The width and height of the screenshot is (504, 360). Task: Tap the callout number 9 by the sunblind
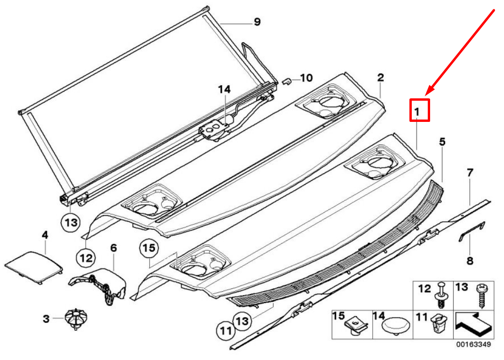coord(257,22)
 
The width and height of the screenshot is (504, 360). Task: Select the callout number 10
coord(306,78)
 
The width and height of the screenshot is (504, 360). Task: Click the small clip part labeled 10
coord(287,81)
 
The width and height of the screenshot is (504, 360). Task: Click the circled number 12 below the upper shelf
coord(86,258)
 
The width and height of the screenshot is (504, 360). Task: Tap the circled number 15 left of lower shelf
coord(149,248)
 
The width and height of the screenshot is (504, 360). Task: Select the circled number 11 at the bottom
coord(226,331)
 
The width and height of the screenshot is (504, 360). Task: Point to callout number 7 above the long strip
coord(470,173)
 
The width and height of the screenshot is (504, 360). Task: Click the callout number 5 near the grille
coord(442,141)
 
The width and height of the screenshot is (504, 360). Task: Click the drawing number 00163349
coord(473,344)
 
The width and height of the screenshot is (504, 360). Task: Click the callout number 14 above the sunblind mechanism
coord(224,89)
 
